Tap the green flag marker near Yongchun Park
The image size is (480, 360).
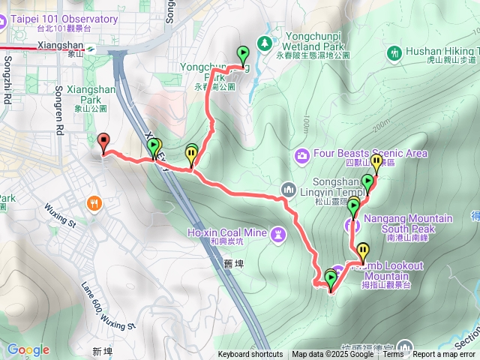coord(242,54)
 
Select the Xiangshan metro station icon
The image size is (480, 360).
coord(90,47)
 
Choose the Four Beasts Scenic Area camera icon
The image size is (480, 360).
coord(302,154)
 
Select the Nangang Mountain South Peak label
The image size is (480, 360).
coord(408,223)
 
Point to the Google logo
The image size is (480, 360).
coord(28,349)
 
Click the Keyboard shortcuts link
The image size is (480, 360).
coord(250,355)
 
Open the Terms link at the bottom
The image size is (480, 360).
coord(393,355)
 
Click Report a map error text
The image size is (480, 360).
coord(444,355)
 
